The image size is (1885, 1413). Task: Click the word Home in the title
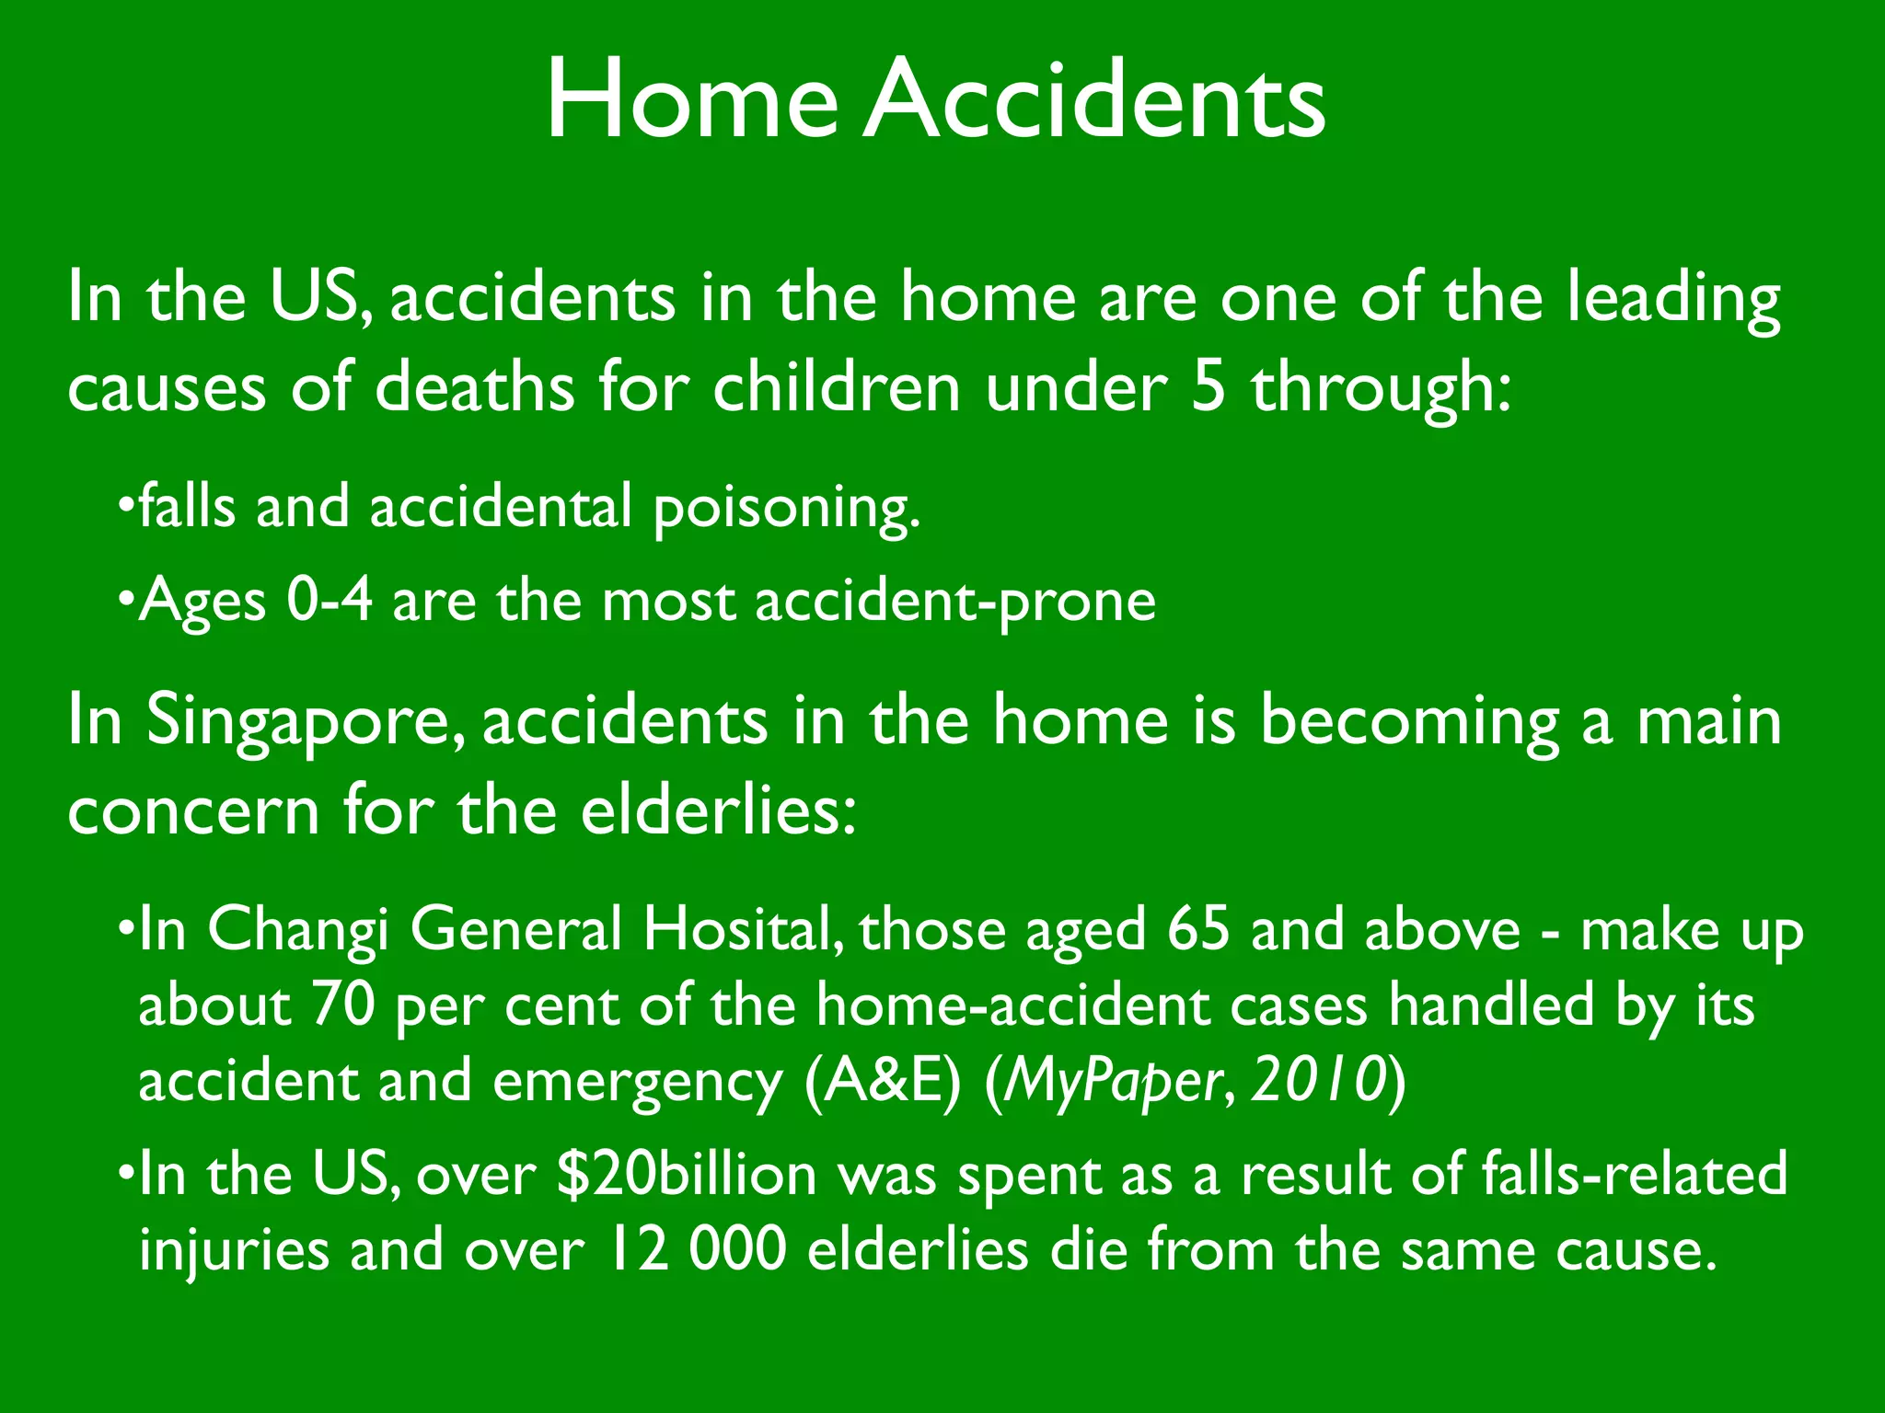(x=692, y=99)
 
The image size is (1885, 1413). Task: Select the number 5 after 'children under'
(x=1208, y=387)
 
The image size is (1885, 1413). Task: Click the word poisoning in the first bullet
(x=786, y=509)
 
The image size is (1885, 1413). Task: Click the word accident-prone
(x=954, y=603)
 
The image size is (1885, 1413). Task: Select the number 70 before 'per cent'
(x=343, y=1005)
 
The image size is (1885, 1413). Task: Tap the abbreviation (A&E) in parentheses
(x=882, y=1081)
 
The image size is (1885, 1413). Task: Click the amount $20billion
(x=687, y=1175)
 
